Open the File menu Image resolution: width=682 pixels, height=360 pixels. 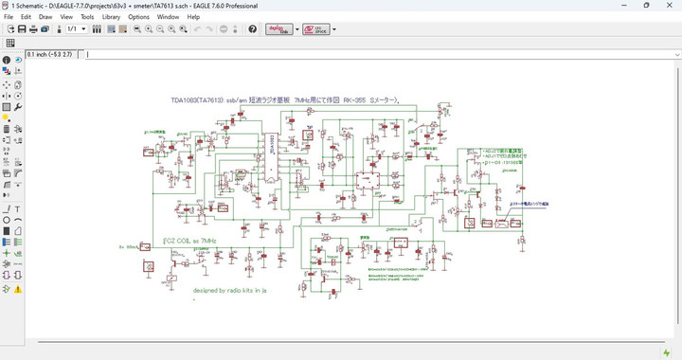pyautogui.click(x=9, y=17)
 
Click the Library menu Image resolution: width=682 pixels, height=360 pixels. pyautogui.click(x=111, y=17)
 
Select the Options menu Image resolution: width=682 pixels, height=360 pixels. pyautogui.click(x=138, y=17)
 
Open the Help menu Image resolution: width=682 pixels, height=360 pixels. pyautogui.click(x=193, y=17)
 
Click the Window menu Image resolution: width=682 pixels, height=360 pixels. pyautogui.click(x=168, y=17)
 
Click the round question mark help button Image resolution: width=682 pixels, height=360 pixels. pyautogui.click(x=253, y=29)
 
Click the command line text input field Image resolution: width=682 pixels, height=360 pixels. pyautogui.click(x=379, y=54)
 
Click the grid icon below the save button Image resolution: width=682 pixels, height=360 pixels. pyautogui.click(x=9, y=43)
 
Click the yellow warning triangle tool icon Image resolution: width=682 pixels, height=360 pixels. pyautogui.click(x=18, y=288)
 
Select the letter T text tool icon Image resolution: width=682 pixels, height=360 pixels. pyautogui.click(x=18, y=208)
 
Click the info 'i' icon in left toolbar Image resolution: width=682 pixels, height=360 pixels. pyautogui.click(x=7, y=61)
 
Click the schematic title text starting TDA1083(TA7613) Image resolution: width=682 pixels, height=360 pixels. pyautogui.click(x=284, y=99)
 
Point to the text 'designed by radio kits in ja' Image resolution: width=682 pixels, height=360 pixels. pyautogui.click(x=230, y=291)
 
